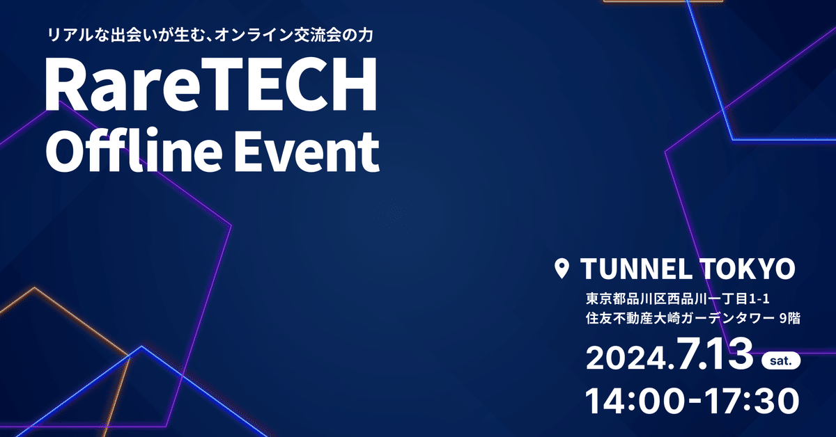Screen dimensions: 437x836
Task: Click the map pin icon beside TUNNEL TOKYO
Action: click(561, 269)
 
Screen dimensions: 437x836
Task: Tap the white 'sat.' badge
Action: click(781, 362)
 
